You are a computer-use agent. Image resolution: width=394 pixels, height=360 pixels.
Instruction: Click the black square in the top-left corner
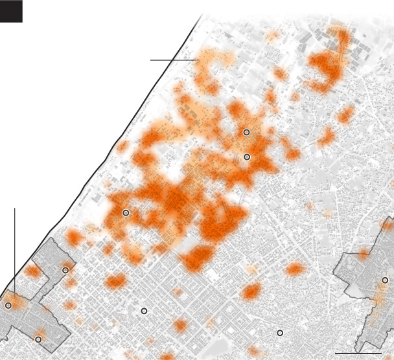[12, 12]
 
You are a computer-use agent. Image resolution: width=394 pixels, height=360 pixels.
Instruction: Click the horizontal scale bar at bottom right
[359, 354]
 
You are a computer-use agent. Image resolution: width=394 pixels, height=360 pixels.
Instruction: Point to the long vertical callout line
[14, 246]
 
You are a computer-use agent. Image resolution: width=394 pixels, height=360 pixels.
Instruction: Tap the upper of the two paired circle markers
[246, 132]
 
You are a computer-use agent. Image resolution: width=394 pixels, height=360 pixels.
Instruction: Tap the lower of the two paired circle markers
[247, 157]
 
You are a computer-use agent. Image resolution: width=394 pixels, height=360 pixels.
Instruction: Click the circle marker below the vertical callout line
[8, 306]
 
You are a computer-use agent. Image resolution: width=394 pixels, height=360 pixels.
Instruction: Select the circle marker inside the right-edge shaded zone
[385, 280]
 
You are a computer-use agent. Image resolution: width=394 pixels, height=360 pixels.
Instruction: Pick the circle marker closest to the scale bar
[280, 333]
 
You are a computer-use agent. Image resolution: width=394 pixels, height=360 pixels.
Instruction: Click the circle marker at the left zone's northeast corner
[65, 270]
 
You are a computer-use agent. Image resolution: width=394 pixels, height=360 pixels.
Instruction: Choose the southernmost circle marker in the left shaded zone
[38, 339]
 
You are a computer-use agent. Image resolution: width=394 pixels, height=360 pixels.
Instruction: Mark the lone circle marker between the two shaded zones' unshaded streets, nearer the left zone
[144, 311]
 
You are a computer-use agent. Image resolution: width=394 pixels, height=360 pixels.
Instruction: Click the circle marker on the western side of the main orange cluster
[126, 213]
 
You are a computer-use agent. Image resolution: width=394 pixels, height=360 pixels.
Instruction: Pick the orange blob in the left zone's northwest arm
[31, 273]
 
